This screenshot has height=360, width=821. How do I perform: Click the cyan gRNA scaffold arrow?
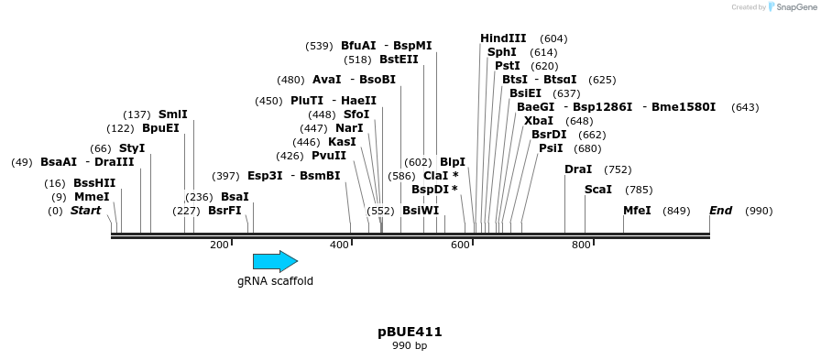click(275, 261)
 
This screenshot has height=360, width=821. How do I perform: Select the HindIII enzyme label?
click(503, 38)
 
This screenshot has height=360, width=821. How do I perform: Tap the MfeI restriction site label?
click(637, 211)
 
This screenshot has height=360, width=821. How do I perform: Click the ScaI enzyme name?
click(598, 190)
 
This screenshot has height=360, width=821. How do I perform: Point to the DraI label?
click(578, 169)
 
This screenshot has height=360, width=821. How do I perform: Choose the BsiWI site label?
click(421, 211)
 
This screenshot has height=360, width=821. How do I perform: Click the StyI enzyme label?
click(132, 148)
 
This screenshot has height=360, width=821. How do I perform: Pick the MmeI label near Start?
click(92, 197)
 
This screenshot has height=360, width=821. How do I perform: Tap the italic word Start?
click(85, 211)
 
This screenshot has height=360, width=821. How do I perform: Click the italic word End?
click(720, 211)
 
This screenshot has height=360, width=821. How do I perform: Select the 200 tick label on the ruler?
click(219, 245)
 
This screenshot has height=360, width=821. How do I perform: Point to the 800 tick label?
click(581, 245)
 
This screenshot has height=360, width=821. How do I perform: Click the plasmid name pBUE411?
click(410, 332)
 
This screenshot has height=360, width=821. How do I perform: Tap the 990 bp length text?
click(410, 346)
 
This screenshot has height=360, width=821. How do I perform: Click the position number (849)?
click(676, 211)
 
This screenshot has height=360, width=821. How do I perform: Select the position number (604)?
click(553, 38)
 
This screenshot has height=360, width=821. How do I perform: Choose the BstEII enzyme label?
click(399, 60)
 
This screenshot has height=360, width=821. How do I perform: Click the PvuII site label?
click(329, 156)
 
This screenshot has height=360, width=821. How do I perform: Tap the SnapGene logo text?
click(791, 7)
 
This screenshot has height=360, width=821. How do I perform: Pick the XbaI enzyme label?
click(539, 121)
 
